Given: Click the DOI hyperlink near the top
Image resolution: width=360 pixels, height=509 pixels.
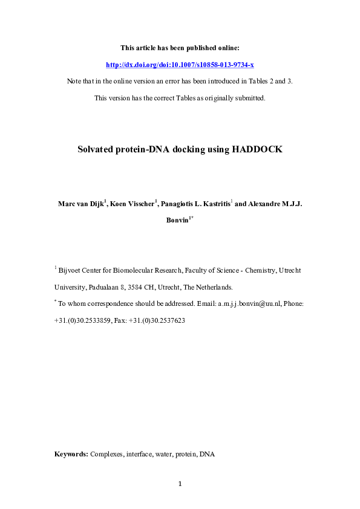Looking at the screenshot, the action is pos(180,64).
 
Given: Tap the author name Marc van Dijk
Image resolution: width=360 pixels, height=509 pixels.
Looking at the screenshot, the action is pos(80,204).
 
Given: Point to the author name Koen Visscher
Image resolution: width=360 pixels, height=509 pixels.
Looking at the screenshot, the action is pos(132,204).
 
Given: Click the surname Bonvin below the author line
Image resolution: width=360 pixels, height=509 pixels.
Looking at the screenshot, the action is pos(178,220).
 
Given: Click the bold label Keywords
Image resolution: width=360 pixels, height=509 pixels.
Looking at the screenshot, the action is pos(71,453).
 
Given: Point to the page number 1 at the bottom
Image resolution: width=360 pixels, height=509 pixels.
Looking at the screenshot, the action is pos(180,484).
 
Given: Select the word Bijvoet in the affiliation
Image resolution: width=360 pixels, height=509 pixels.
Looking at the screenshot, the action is pos(71,271).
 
